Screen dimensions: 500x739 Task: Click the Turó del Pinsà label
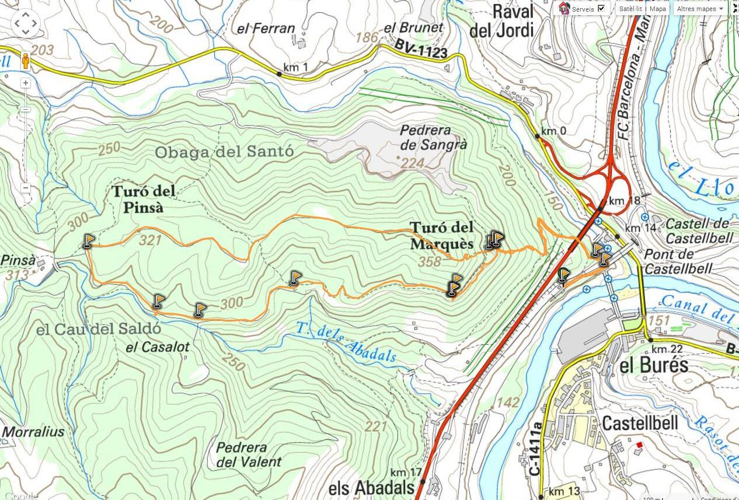pos(143,199)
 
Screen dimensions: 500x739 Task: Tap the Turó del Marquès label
pos(441,235)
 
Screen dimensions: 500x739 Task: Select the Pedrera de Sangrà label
pos(433,138)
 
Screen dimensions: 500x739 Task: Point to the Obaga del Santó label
pos(224,152)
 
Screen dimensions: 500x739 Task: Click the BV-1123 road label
pos(420,49)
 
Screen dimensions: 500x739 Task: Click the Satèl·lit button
pos(630,9)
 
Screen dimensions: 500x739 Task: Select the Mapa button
pos(658,9)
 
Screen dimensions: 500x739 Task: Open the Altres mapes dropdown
pos(700,9)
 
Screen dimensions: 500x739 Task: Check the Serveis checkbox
pos(601,9)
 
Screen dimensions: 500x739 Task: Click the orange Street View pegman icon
pos(26,60)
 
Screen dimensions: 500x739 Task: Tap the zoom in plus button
pos(26,83)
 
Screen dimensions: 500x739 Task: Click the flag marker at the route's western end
pos(88,240)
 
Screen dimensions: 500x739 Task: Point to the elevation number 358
pos(430,263)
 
